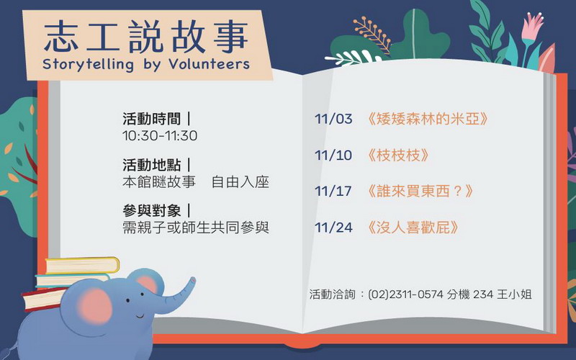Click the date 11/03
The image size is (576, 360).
point(333,119)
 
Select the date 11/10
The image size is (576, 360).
point(333,156)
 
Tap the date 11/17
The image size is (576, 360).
point(333,191)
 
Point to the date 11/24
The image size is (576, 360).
point(333,228)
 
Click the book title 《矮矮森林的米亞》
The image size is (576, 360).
point(427,119)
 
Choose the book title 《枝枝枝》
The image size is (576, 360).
point(398,155)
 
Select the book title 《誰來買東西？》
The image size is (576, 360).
point(420,191)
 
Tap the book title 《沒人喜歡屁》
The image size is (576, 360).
point(413,228)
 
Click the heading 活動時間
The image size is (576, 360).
point(152,119)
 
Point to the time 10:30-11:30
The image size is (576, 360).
point(160,136)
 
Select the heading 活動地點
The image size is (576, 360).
point(152,165)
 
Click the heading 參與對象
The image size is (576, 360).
point(152,211)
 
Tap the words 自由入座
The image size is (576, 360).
point(240,182)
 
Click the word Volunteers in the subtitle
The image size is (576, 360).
point(210,64)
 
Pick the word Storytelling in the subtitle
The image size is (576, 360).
point(88,65)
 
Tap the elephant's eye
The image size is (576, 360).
point(128,300)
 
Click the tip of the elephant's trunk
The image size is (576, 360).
point(192,280)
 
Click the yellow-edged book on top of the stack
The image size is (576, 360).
point(82,265)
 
